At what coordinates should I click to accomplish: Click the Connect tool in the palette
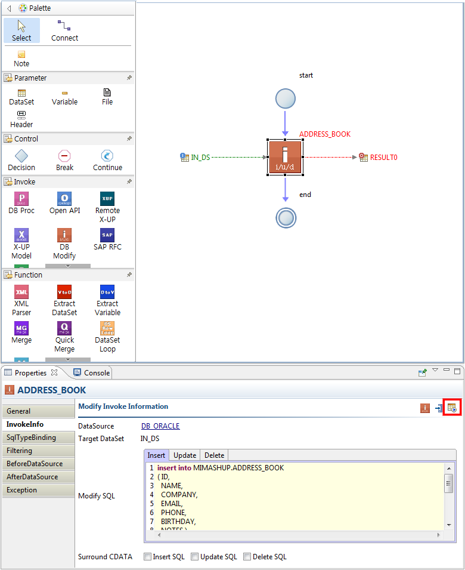pos(64,31)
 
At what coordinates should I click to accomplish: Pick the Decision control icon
pos(21,156)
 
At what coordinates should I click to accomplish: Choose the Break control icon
pos(64,156)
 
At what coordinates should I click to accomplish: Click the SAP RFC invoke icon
pos(107,235)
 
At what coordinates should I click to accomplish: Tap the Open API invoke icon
pos(64,199)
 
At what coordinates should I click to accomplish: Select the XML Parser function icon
pos(21,291)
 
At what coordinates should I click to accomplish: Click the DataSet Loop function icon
pos(107,328)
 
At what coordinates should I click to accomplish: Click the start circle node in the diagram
pos(286,98)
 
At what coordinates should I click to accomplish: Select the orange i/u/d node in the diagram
pos(285,157)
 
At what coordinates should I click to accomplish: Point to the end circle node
pos(286,218)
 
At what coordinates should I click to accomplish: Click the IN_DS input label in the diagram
pos(200,158)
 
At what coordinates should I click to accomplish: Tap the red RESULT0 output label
pos(384,158)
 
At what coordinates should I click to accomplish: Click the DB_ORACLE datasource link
pos(160,426)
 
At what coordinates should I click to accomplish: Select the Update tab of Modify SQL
pos(185,455)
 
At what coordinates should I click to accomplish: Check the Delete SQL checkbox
pos(247,556)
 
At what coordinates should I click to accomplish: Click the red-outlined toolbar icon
pos(452,408)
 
